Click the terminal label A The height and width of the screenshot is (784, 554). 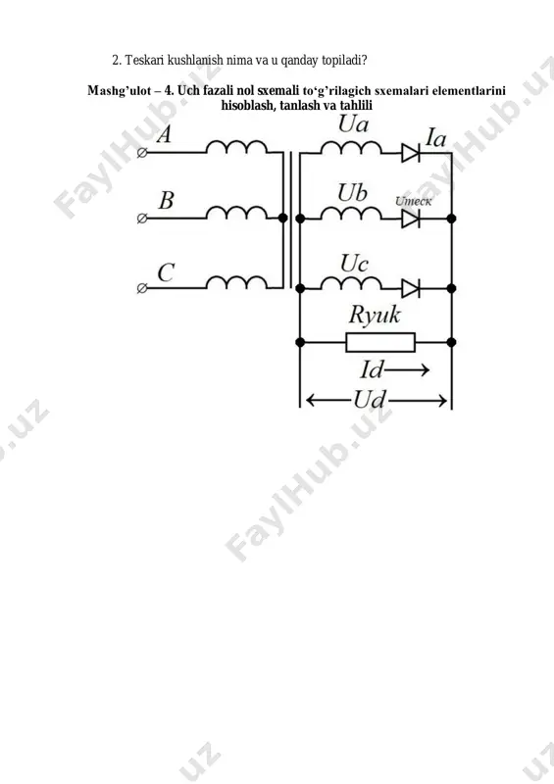pos(164,134)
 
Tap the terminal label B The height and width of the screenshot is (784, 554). pos(166,200)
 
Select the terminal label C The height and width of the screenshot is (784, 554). pos(166,272)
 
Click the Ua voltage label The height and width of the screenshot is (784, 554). pos(353,124)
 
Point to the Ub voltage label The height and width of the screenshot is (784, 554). pos(352,193)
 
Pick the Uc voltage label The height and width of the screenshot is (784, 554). pos(354,264)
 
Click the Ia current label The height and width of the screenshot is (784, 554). pos(435,137)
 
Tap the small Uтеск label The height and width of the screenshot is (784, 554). pos(413,201)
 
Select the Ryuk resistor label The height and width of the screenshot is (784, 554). pos(375,315)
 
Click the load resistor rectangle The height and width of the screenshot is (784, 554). pos(380,342)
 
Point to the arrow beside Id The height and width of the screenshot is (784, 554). pos(407,370)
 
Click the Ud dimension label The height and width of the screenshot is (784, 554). pos(370,400)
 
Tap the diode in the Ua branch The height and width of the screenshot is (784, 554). pos(411,153)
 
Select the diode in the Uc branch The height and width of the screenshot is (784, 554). pos(411,288)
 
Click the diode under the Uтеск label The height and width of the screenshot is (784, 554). pos(411,219)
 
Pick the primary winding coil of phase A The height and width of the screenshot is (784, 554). pos(236,146)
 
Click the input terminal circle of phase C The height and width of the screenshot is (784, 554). pos(142,288)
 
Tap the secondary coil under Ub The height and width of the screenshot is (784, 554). pos(351,213)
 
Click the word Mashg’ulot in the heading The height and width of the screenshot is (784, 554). pos(119,91)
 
